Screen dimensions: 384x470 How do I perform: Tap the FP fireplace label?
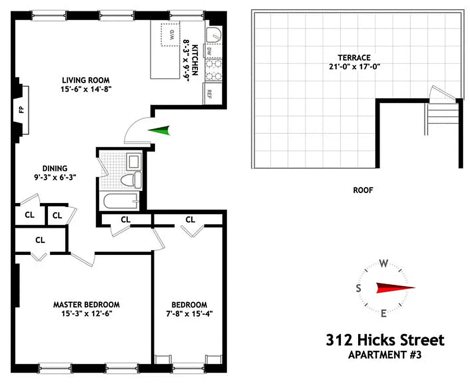pos(22,109)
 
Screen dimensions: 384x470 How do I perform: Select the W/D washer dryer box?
pos(171,35)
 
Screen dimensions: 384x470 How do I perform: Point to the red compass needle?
pos(395,288)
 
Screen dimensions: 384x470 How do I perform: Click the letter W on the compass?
pos(384,263)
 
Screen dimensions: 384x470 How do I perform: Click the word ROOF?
pos(363,190)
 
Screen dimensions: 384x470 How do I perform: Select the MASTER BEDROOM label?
pos(86,304)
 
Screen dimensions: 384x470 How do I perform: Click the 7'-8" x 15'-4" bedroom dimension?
pos(190,314)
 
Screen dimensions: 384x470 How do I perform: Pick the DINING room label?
pos(55,168)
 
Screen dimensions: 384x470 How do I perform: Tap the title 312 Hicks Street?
pos(385,340)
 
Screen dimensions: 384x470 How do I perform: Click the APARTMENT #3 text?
pos(385,356)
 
